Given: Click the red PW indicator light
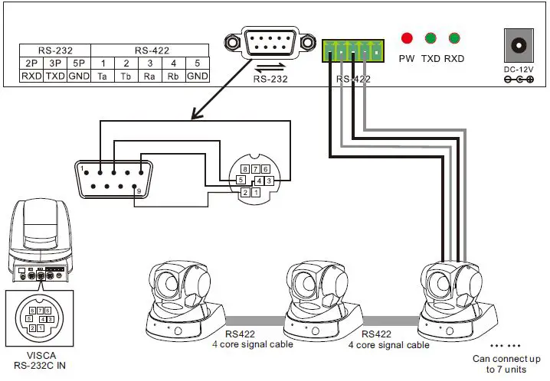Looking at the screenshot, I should coord(407,37).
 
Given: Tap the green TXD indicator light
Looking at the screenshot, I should coord(431,37).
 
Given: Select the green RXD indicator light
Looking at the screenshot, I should coord(455,37).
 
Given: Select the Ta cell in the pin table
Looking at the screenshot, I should coord(102,77).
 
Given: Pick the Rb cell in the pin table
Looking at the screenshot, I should coord(174,77).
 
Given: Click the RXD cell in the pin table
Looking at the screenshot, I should coord(31,77).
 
